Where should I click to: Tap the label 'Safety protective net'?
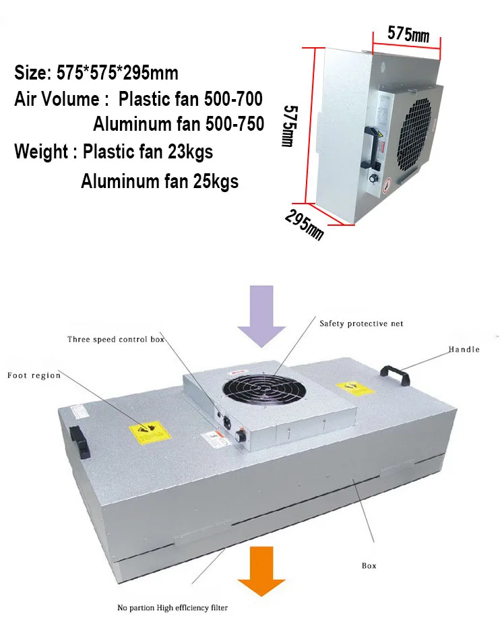point(361,324)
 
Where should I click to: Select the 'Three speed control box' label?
point(116,339)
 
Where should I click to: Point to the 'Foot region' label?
point(34,375)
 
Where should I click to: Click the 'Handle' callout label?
point(464,349)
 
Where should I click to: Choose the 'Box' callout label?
point(369,566)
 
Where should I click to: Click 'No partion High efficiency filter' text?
point(172,608)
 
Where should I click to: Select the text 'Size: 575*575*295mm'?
point(96,73)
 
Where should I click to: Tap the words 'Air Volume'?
point(57,99)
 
